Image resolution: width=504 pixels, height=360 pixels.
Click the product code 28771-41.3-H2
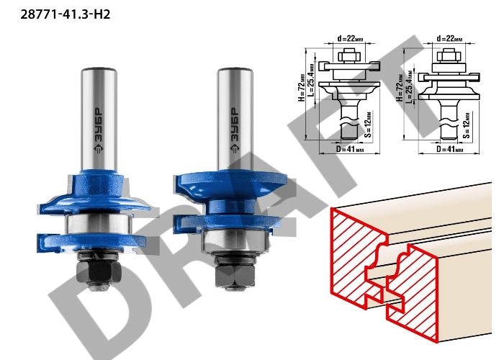pyautogui.click(x=66, y=14)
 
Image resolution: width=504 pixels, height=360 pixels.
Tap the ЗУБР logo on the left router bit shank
pyautogui.click(x=99, y=130)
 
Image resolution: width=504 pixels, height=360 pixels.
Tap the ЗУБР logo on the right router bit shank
pyautogui.click(x=235, y=130)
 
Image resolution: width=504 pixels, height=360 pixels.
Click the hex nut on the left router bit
pyautogui.click(x=99, y=271)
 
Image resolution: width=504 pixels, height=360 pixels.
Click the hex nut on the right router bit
pyautogui.click(x=235, y=276)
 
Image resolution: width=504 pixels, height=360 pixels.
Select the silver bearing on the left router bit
pyautogui.click(x=99, y=224)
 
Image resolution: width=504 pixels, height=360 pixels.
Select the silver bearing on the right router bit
pyautogui.click(x=235, y=240)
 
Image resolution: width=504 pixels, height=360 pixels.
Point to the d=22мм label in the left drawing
pyautogui.click(x=351, y=38)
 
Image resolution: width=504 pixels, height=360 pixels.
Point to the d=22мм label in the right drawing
pyautogui.click(x=450, y=38)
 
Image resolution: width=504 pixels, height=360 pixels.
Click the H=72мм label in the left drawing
pyautogui.click(x=301, y=87)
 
